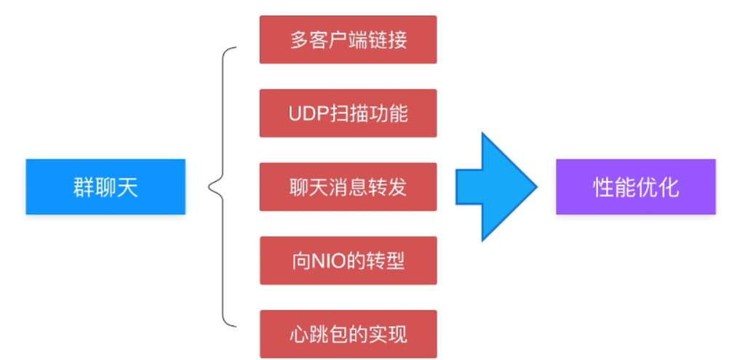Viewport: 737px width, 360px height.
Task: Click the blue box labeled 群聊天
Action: coord(105,187)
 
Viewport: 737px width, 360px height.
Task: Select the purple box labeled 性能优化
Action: coord(635,187)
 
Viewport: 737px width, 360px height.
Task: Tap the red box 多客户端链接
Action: coord(348,39)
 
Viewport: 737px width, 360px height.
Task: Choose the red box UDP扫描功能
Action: coord(348,113)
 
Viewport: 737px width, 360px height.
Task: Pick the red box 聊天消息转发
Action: coord(348,187)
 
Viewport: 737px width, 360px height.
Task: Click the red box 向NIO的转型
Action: coord(348,260)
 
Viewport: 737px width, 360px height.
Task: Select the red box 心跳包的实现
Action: coord(348,334)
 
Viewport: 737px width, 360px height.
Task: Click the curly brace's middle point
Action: coord(211,187)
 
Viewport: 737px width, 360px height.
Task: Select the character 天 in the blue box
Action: coord(128,188)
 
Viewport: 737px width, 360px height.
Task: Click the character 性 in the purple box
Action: coord(602,188)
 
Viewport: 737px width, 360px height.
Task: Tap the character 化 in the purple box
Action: coord(669,188)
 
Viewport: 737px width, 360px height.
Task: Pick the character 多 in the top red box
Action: coord(298,39)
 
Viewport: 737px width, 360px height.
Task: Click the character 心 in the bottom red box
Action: coord(298,334)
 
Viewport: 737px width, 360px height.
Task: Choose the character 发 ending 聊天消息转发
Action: coord(397,187)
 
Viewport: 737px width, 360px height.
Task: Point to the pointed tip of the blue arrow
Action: coord(535,187)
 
